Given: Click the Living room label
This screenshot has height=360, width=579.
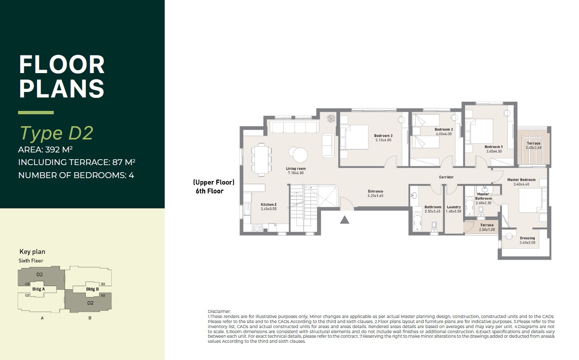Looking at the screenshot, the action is pyautogui.click(x=296, y=168).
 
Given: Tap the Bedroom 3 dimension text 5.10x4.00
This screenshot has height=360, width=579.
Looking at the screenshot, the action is pyautogui.click(x=383, y=140).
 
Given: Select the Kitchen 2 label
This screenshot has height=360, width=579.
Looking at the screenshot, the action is pyautogui.click(x=268, y=205).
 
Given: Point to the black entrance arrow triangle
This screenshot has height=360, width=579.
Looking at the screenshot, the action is pyautogui.click(x=345, y=220).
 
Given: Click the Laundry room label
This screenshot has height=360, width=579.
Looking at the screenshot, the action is pyautogui.click(x=454, y=207).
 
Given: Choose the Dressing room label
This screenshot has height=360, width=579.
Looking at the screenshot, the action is pyautogui.click(x=527, y=238).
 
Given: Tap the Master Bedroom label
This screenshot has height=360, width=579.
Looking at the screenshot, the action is pyautogui.click(x=521, y=180).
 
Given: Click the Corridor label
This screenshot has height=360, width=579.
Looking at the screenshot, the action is pyautogui.click(x=446, y=177).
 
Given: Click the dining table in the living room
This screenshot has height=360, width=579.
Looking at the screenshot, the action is pyautogui.click(x=262, y=160).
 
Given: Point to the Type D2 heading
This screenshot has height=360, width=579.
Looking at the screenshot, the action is pyautogui.click(x=56, y=133).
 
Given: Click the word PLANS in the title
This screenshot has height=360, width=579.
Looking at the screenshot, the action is pyautogui.click(x=62, y=88).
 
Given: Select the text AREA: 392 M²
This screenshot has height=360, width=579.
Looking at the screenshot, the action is pyautogui.click(x=45, y=150).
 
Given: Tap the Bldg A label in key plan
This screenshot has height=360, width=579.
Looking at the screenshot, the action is pyautogui.click(x=39, y=289).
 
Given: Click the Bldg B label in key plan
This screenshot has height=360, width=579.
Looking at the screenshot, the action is pyautogui.click(x=92, y=289).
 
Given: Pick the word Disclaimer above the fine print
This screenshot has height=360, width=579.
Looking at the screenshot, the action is pyautogui.click(x=219, y=311).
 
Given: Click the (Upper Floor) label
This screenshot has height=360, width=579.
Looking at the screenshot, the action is pyautogui.click(x=214, y=182).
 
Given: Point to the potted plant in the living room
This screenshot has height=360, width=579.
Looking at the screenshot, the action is pyautogui.click(x=331, y=118).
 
